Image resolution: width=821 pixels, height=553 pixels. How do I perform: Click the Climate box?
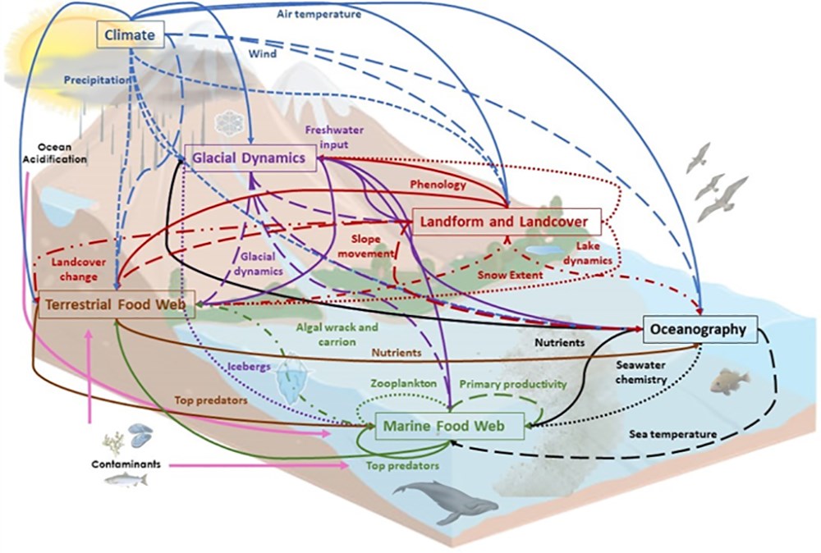pyautogui.click(x=131, y=34)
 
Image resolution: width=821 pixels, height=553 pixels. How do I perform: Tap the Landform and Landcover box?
pyautogui.click(x=507, y=222)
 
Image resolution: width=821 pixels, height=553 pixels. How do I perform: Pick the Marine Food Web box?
pyautogui.click(x=449, y=424)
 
